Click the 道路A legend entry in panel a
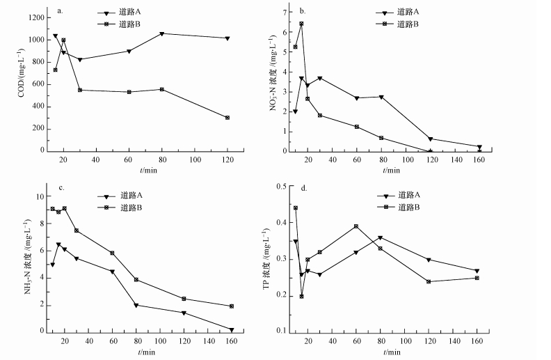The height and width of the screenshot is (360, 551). (x=129, y=13)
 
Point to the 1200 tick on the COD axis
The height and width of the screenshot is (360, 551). (x=33, y=17)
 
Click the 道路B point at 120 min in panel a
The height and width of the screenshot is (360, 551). (x=227, y=118)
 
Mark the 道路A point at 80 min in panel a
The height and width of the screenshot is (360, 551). (x=161, y=33)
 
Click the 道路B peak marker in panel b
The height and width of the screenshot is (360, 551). (x=301, y=24)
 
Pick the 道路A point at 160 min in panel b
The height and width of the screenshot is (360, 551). (x=479, y=147)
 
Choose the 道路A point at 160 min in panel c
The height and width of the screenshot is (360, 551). (x=232, y=330)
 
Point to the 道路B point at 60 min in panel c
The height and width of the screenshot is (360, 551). (x=112, y=253)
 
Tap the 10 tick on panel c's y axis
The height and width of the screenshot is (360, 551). (x=41, y=196)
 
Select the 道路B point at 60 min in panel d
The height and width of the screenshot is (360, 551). (x=356, y=226)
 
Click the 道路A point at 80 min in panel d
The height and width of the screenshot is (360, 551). (x=380, y=237)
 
